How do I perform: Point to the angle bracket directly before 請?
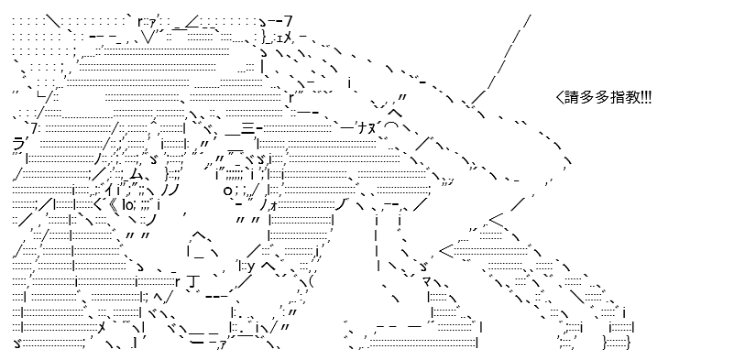click(x=559, y=98)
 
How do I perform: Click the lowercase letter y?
click(x=252, y=266)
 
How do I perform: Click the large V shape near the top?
click(x=148, y=36)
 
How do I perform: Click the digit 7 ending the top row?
click(x=288, y=21)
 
